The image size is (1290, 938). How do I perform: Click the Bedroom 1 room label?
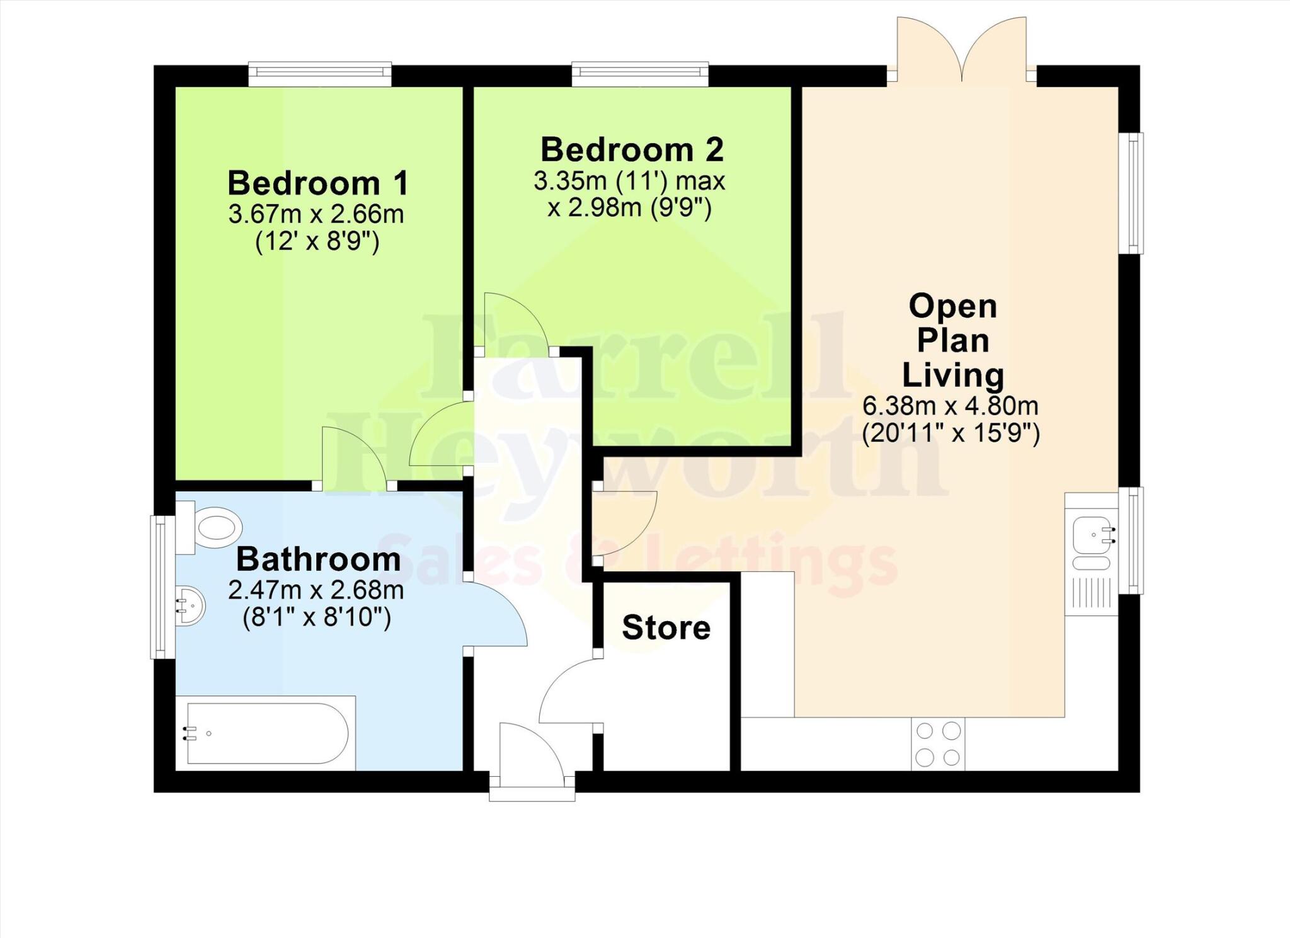318,183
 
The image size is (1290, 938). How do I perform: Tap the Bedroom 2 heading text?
632,150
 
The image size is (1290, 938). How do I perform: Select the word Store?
666,628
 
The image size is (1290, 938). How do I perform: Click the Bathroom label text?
318,559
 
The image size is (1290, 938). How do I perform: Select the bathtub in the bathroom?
266,733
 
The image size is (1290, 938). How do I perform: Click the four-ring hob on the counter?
938,744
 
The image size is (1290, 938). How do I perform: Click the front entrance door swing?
530,753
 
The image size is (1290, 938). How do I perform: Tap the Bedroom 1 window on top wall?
320,74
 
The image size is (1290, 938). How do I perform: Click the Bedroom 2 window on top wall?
640,74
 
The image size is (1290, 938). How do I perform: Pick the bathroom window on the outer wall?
161,587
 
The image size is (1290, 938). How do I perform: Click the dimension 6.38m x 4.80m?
950,406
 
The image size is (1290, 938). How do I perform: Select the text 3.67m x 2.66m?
316,215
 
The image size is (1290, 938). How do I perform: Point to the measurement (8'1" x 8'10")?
317,617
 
